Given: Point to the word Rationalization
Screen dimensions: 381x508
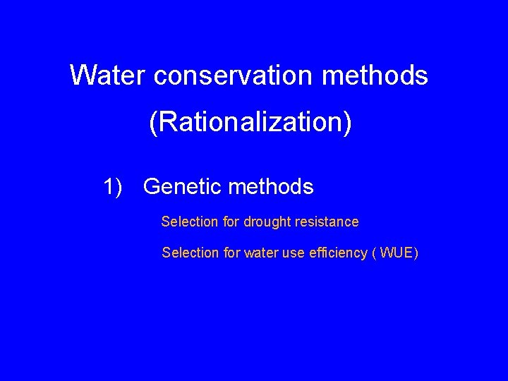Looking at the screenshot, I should point(250,123).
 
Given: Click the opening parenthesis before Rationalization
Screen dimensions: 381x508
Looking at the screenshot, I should point(153,123).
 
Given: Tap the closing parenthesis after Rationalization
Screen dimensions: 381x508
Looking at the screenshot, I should point(346,123).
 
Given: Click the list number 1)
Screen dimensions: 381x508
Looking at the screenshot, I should point(113,187).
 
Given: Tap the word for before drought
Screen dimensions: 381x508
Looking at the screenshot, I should point(231,222).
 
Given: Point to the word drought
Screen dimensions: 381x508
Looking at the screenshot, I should point(267,222).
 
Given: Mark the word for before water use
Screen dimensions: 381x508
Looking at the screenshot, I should point(231,253).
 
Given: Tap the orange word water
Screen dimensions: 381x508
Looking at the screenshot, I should point(261,253).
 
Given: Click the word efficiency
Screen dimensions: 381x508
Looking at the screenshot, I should point(337,253).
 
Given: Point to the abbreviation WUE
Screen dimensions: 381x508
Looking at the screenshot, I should point(396,253).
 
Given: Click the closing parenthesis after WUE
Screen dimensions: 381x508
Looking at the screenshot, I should point(416,253).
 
